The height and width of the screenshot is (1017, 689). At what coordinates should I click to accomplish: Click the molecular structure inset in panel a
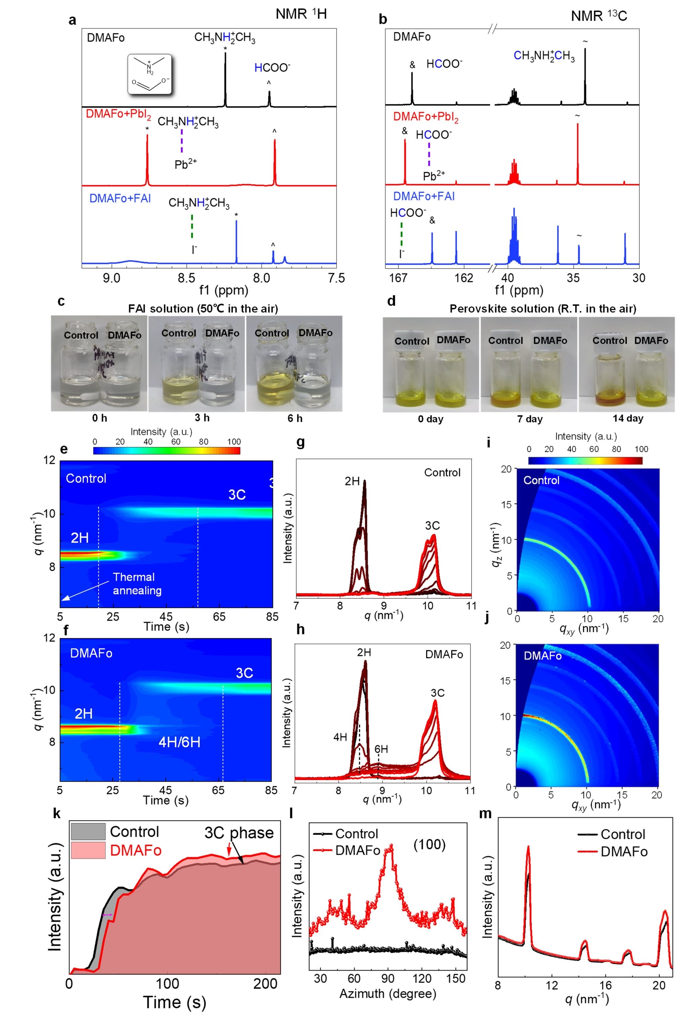point(150,74)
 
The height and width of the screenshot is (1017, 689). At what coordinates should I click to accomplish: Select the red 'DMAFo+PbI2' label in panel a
point(118,115)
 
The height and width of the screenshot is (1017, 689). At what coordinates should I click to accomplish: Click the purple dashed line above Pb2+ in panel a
point(182,141)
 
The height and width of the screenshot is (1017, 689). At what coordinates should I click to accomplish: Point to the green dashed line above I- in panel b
point(401,234)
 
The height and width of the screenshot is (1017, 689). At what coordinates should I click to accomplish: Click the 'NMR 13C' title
point(599,16)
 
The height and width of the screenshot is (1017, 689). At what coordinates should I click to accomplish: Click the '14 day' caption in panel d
point(628,418)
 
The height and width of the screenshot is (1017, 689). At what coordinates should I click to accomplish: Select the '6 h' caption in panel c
point(295,418)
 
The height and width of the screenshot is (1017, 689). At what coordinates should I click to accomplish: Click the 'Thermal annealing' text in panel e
point(137,584)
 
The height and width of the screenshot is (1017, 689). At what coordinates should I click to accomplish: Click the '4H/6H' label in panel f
point(179,742)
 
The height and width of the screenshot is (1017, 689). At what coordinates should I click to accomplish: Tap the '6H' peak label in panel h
point(381,749)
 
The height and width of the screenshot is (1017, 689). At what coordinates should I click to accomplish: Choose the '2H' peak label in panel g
point(352,481)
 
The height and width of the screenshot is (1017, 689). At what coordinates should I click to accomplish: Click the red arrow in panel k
point(228,850)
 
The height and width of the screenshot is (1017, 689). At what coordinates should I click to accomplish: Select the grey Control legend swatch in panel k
point(88,831)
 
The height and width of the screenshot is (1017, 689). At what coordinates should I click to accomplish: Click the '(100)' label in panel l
point(429,844)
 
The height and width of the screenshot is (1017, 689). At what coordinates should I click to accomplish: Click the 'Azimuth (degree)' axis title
point(388,994)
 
